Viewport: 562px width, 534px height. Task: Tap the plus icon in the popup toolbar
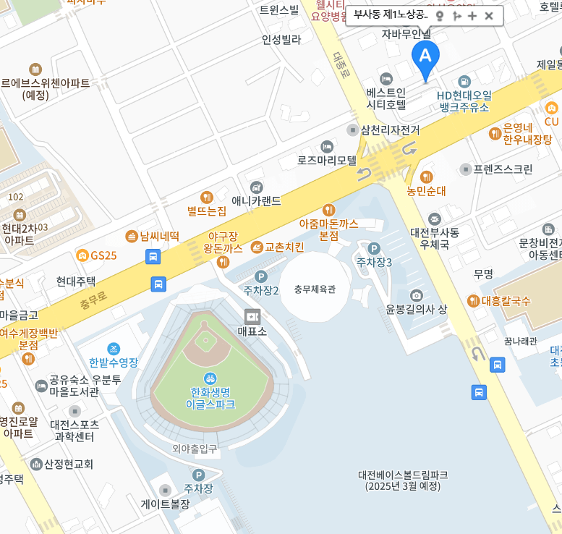(x=472, y=15)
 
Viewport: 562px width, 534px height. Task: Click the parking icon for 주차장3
(x=373, y=248)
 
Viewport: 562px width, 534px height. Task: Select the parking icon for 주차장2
(x=261, y=276)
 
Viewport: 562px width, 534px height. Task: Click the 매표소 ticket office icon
(x=252, y=316)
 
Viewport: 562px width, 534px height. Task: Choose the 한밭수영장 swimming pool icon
(x=114, y=349)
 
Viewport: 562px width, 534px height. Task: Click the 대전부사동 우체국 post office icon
(x=434, y=219)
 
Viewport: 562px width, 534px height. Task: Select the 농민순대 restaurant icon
(x=426, y=177)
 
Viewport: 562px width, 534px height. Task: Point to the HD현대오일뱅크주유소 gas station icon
(x=464, y=81)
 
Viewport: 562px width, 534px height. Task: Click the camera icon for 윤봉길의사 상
(x=416, y=295)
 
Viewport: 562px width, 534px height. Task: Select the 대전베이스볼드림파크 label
(x=402, y=475)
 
